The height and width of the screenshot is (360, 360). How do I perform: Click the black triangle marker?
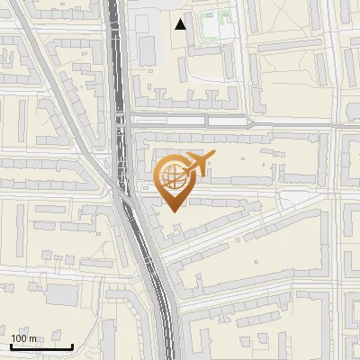[x=182, y=24]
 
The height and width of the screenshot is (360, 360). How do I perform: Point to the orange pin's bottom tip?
[x=172, y=211]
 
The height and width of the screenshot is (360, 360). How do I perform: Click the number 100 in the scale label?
[x=19, y=338]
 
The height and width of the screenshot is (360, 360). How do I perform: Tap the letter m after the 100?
[x=33, y=338]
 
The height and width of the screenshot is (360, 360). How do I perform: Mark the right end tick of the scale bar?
[x=73, y=346]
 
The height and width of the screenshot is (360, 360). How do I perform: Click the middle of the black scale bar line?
[x=40, y=347]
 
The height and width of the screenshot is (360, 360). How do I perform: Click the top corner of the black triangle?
[x=182, y=19]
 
